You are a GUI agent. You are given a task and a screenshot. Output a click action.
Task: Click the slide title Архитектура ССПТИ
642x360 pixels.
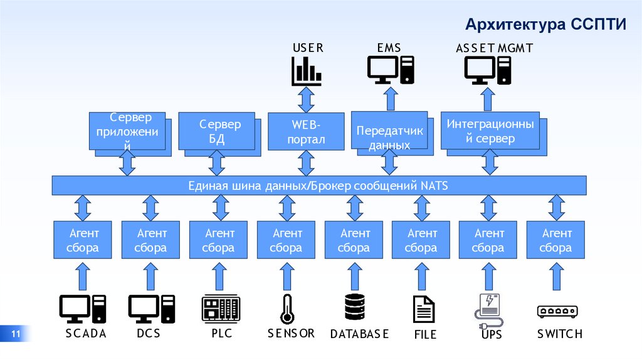point(545,24)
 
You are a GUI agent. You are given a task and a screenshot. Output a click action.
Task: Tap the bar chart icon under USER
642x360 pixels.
point(306,70)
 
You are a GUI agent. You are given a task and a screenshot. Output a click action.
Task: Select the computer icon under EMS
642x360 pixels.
point(390,70)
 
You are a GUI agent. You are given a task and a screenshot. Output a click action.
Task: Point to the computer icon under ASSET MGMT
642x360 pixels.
point(487,70)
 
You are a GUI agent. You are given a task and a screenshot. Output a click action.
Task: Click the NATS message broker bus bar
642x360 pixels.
point(318,186)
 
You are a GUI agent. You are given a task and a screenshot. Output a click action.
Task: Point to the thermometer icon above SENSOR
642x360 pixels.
point(287,309)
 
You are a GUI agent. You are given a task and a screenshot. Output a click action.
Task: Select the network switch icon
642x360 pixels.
point(557,311)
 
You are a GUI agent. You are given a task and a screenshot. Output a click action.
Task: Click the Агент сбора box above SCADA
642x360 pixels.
point(83,240)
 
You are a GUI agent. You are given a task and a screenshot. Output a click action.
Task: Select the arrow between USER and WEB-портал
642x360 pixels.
point(306,99)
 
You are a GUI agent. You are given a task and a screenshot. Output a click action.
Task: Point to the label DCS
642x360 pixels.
point(149,334)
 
